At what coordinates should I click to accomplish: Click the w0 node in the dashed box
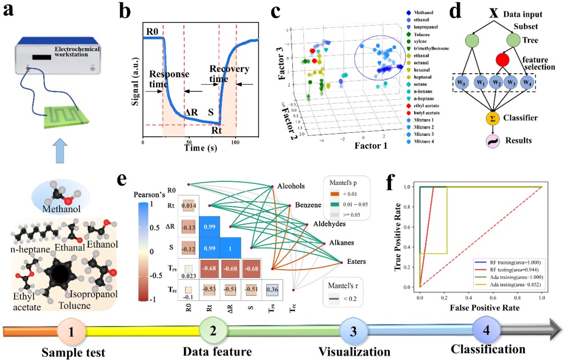point(460,83)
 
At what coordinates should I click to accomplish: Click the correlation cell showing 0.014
point(188,206)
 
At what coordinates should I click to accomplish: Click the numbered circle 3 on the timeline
point(351,331)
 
